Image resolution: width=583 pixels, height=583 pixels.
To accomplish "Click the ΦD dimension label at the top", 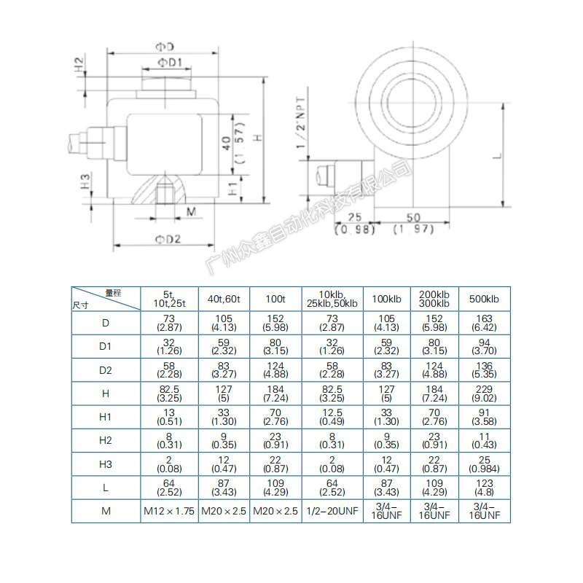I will pyautogui.click(x=165, y=47).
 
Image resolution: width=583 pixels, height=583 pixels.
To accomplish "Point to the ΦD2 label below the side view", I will pyautogui.click(x=168, y=239).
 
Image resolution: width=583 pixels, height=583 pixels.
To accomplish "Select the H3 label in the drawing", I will pyautogui.click(x=85, y=181).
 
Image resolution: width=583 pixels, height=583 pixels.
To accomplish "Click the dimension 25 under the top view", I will pyautogui.click(x=355, y=217).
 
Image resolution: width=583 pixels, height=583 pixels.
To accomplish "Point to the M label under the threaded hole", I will pyautogui.click(x=192, y=212).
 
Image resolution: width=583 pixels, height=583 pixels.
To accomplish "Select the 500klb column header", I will pyautogui.click(x=484, y=299).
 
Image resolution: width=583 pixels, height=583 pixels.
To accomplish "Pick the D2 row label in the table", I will pyautogui.click(x=106, y=370).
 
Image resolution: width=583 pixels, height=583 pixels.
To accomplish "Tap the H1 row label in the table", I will pyautogui.click(x=106, y=418).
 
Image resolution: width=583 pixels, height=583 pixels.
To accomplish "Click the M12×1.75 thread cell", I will pyautogui.click(x=168, y=512).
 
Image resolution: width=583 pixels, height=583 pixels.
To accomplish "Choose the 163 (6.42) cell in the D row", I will pyautogui.click(x=484, y=324).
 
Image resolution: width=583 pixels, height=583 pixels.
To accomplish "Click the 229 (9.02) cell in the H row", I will pyautogui.click(x=484, y=394).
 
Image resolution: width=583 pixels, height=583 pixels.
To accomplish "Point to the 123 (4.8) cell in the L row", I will pyautogui.click(x=484, y=488).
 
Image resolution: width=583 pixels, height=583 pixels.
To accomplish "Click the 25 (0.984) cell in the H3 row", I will pyautogui.click(x=484, y=464).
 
